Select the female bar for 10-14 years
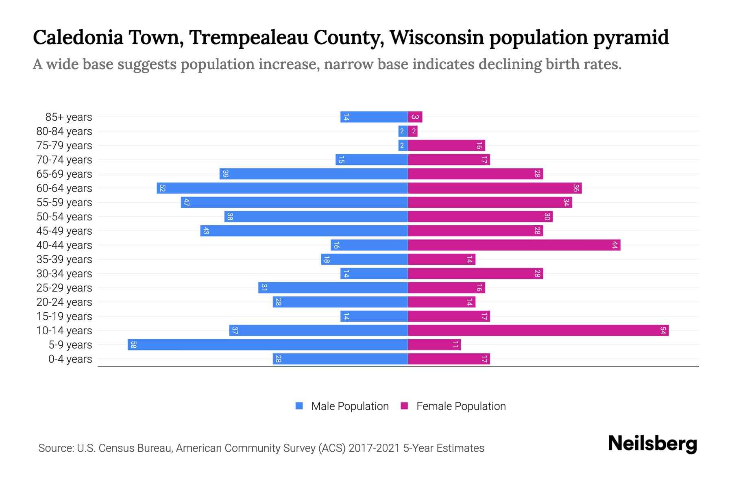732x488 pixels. coord(538,331)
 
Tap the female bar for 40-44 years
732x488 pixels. coord(514,245)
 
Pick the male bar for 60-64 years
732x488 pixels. coord(282,188)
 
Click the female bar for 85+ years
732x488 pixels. coord(415,117)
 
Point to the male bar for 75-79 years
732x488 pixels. coord(403,146)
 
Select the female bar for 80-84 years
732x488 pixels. coord(413,131)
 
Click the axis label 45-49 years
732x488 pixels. coord(64,231)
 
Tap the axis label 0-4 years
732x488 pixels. coord(70,359)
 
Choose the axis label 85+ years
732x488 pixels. coord(69,117)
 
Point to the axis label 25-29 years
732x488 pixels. coord(64,288)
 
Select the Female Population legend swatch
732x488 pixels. coord(404,406)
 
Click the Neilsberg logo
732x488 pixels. coord(652,444)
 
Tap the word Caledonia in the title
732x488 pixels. coord(78,37)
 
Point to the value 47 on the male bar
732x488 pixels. coord(187,203)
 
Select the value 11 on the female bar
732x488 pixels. coord(455,345)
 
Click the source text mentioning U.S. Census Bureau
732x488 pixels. coord(261,448)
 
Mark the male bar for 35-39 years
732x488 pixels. coord(364,259)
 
